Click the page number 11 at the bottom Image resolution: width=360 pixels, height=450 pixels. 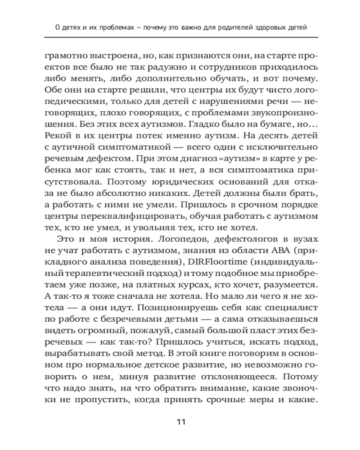pyautogui.click(x=180, y=422)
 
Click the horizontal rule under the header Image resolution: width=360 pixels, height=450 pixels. pyautogui.click(x=180, y=37)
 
